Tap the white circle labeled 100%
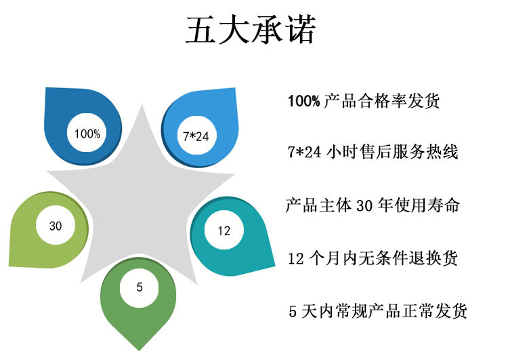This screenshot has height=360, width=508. (87, 134)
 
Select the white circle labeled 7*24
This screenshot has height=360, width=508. (196, 136)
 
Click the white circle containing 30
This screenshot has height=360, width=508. (56, 226)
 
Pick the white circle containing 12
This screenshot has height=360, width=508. (224, 231)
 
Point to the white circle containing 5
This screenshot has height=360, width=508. (140, 287)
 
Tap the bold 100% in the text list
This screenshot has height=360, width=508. (303, 102)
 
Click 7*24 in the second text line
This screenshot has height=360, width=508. (304, 153)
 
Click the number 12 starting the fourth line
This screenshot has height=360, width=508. (295, 258)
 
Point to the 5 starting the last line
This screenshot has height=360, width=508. (293, 311)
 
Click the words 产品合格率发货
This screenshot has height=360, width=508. (382, 102)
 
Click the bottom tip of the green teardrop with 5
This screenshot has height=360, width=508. (140, 348)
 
